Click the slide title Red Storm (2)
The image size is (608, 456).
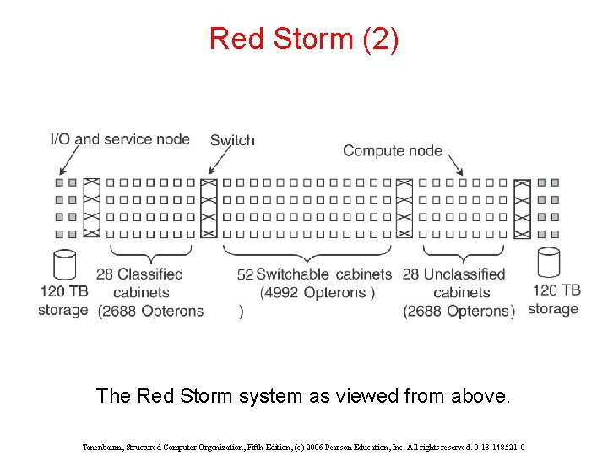(x=304, y=39)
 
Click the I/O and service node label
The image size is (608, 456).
(x=120, y=139)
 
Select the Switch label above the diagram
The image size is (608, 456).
(x=232, y=140)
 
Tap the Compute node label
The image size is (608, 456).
(x=392, y=151)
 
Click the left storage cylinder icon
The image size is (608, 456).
(x=64, y=264)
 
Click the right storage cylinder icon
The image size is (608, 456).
(x=549, y=263)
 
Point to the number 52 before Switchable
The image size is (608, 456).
(x=245, y=274)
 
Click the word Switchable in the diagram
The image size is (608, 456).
(x=293, y=274)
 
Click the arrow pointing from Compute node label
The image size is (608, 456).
(x=455, y=164)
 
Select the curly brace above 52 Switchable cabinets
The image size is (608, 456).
(x=307, y=252)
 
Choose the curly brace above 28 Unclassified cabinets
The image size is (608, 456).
(x=462, y=252)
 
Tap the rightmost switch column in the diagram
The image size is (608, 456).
(x=522, y=208)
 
